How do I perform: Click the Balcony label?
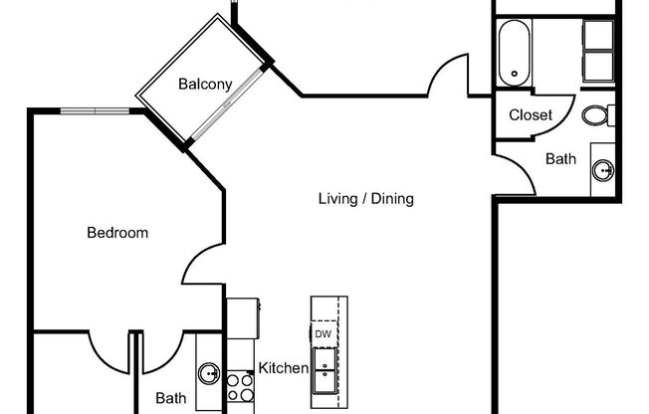point(205,85)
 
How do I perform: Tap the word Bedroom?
point(117,234)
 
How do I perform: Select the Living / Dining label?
point(365,199)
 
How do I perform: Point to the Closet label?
point(531,115)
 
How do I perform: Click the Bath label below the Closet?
point(560,158)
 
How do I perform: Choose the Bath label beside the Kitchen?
point(170,398)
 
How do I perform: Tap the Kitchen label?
point(284,368)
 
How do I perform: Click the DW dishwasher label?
point(324,334)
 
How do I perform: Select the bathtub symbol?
point(514,51)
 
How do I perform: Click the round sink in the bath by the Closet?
point(603,169)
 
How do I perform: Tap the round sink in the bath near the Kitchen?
point(209,374)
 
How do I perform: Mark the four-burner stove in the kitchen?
point(239,385)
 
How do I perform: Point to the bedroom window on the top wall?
point(96,111)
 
